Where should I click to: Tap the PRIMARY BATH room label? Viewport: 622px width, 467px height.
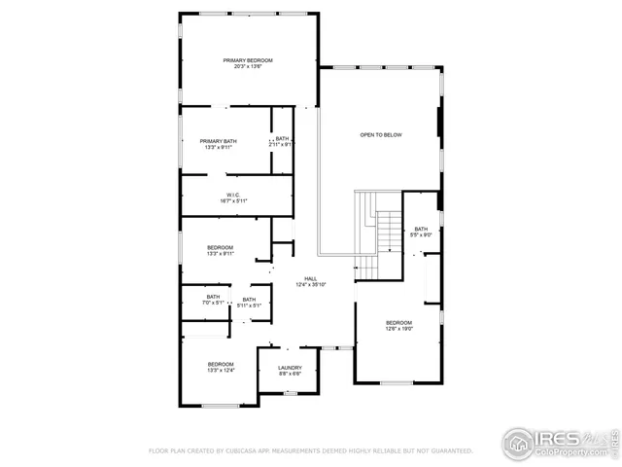[x=218, y=141]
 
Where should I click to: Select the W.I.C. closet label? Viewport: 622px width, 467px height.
[x=233, y=195]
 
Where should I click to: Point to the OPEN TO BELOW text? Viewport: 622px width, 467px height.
[x=381, y=134]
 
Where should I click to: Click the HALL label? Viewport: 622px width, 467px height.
[x=311, y=278]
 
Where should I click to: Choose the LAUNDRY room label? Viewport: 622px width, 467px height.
[x=290, y=368]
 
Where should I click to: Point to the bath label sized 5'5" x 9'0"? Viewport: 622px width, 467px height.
[x=421, y=232]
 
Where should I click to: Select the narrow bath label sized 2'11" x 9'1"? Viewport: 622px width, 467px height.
[x=282, y=143]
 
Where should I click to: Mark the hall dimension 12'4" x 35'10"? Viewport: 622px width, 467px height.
[x=311, y=284]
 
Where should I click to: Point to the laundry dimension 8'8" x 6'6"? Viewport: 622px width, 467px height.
[x=290, y=374]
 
